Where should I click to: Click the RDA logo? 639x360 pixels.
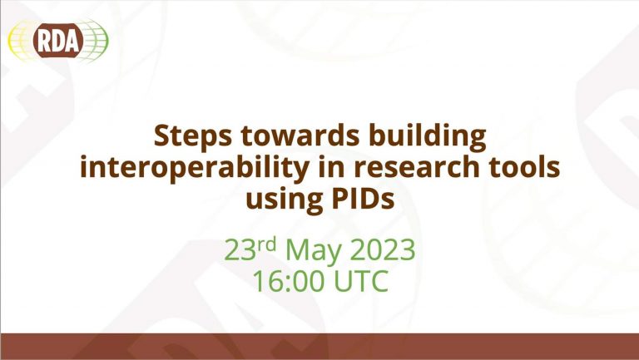tap(58, 40)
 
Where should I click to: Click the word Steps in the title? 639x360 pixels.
tap(193, 136)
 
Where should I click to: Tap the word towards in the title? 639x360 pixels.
tap(300, 136)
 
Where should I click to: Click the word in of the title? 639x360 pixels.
tap(329, 166)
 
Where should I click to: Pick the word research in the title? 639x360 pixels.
tap(416, 167)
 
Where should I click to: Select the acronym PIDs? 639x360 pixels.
tap(363, 199)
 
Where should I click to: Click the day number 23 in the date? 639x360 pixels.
tap(240, 249)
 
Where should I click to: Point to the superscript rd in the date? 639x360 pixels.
tap(266, 244)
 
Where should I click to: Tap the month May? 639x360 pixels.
tap(314, 251)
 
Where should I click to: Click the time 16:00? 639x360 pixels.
tap(289, 280)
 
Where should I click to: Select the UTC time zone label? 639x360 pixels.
tap(361, 280)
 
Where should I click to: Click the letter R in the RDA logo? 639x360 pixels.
tap(44, 40)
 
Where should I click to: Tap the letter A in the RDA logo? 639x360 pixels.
tap(72, 40)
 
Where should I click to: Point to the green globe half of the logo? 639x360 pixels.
tap(96, 40)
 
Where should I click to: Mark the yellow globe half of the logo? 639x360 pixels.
tap(21, 40)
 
